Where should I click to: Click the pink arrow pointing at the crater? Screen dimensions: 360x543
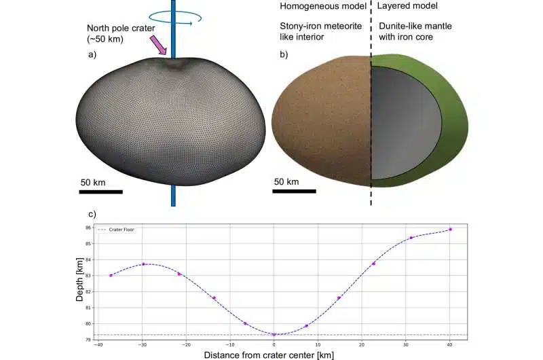click(158, 45)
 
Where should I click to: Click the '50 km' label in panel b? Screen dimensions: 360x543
click(287, 181)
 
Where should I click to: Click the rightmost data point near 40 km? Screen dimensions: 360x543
click(450, 230)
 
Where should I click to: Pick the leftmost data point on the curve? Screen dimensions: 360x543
click(111, 275)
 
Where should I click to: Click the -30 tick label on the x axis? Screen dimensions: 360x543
click(143, 344)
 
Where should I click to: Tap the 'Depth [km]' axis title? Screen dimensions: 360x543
click(80, 283)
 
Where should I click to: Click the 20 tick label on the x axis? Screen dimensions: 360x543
click(362, 344)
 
